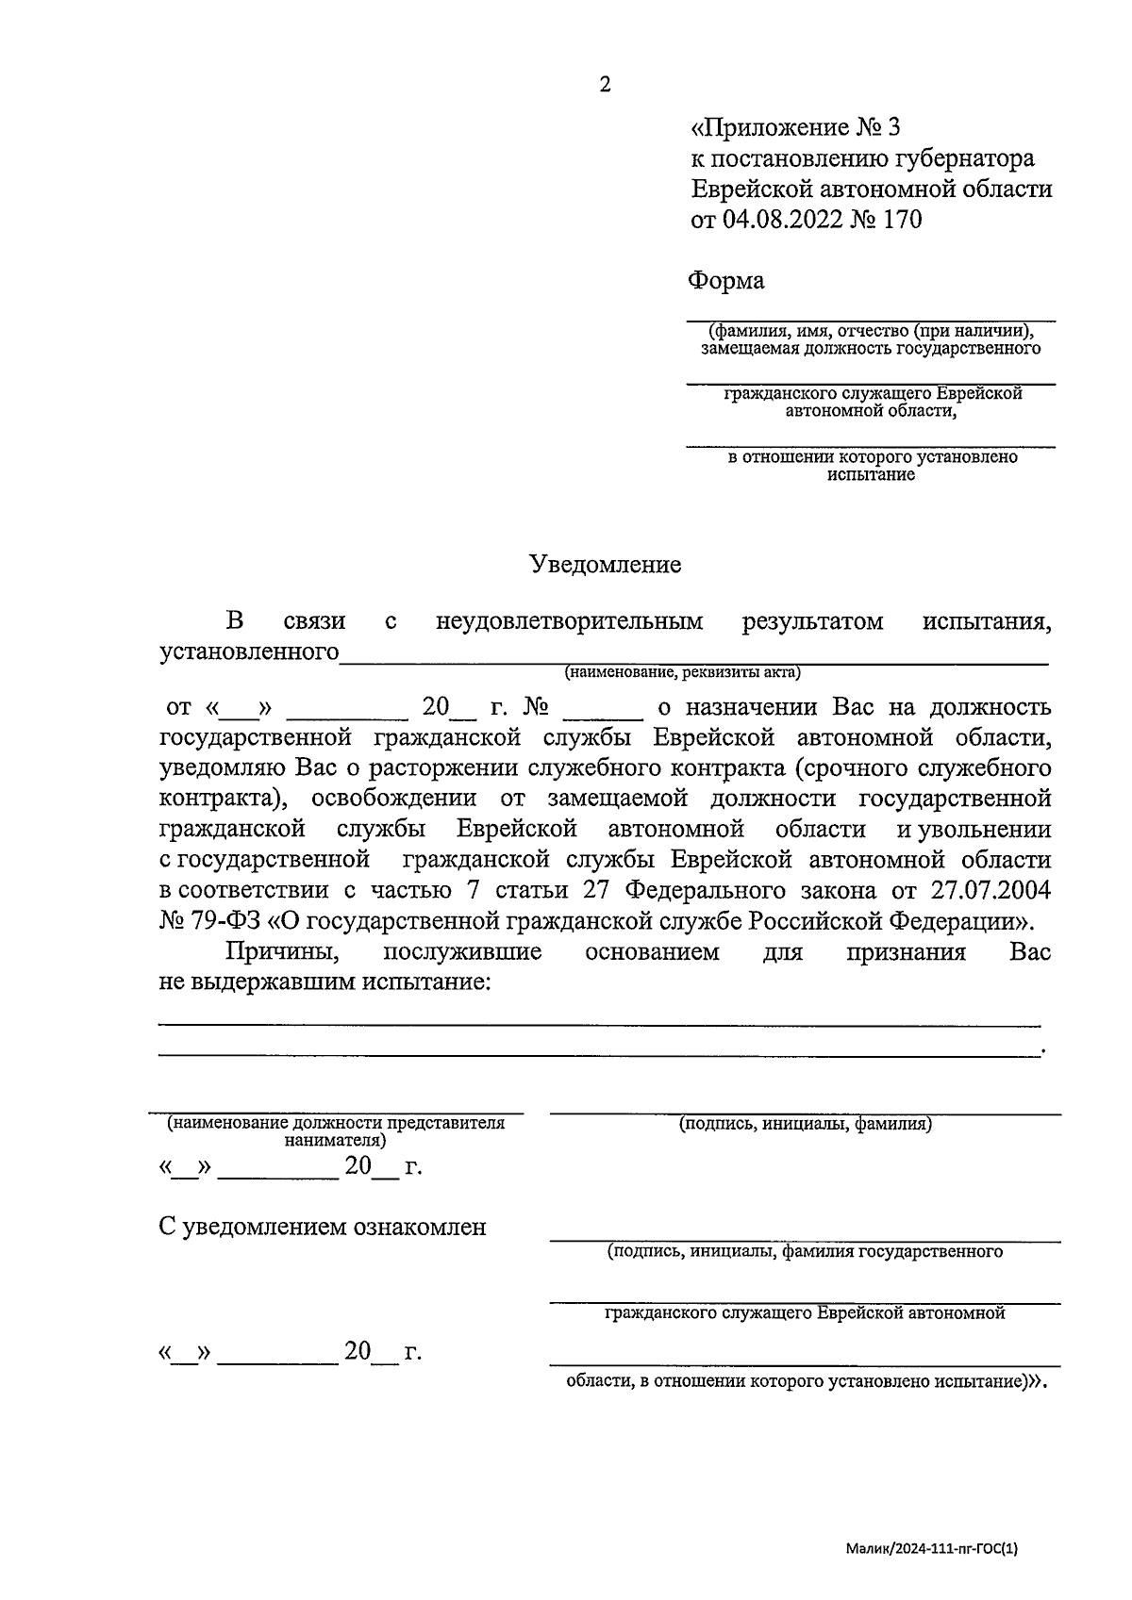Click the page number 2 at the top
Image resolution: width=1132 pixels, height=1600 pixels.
pos(605,85)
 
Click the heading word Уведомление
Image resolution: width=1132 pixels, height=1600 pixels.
pos(605,565)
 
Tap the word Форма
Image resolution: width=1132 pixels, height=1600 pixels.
pos(725,280)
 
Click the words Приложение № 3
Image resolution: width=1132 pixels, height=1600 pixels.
pos(797,126)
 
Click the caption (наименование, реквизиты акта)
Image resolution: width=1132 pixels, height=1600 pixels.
pos(682,672)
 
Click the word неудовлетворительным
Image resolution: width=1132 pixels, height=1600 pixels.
pos(570,621)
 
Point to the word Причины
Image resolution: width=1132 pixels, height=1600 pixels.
pos(275,951)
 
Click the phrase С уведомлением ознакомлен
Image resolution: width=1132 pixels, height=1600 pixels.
pos(323,1227)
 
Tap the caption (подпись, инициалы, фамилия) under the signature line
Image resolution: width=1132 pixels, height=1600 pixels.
pos(806,1124)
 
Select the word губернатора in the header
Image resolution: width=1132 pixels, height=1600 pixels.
pos(963,157)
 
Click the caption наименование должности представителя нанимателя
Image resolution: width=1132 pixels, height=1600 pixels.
pos(336,1130)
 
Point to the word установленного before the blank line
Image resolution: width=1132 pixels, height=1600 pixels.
pos(250,652)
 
